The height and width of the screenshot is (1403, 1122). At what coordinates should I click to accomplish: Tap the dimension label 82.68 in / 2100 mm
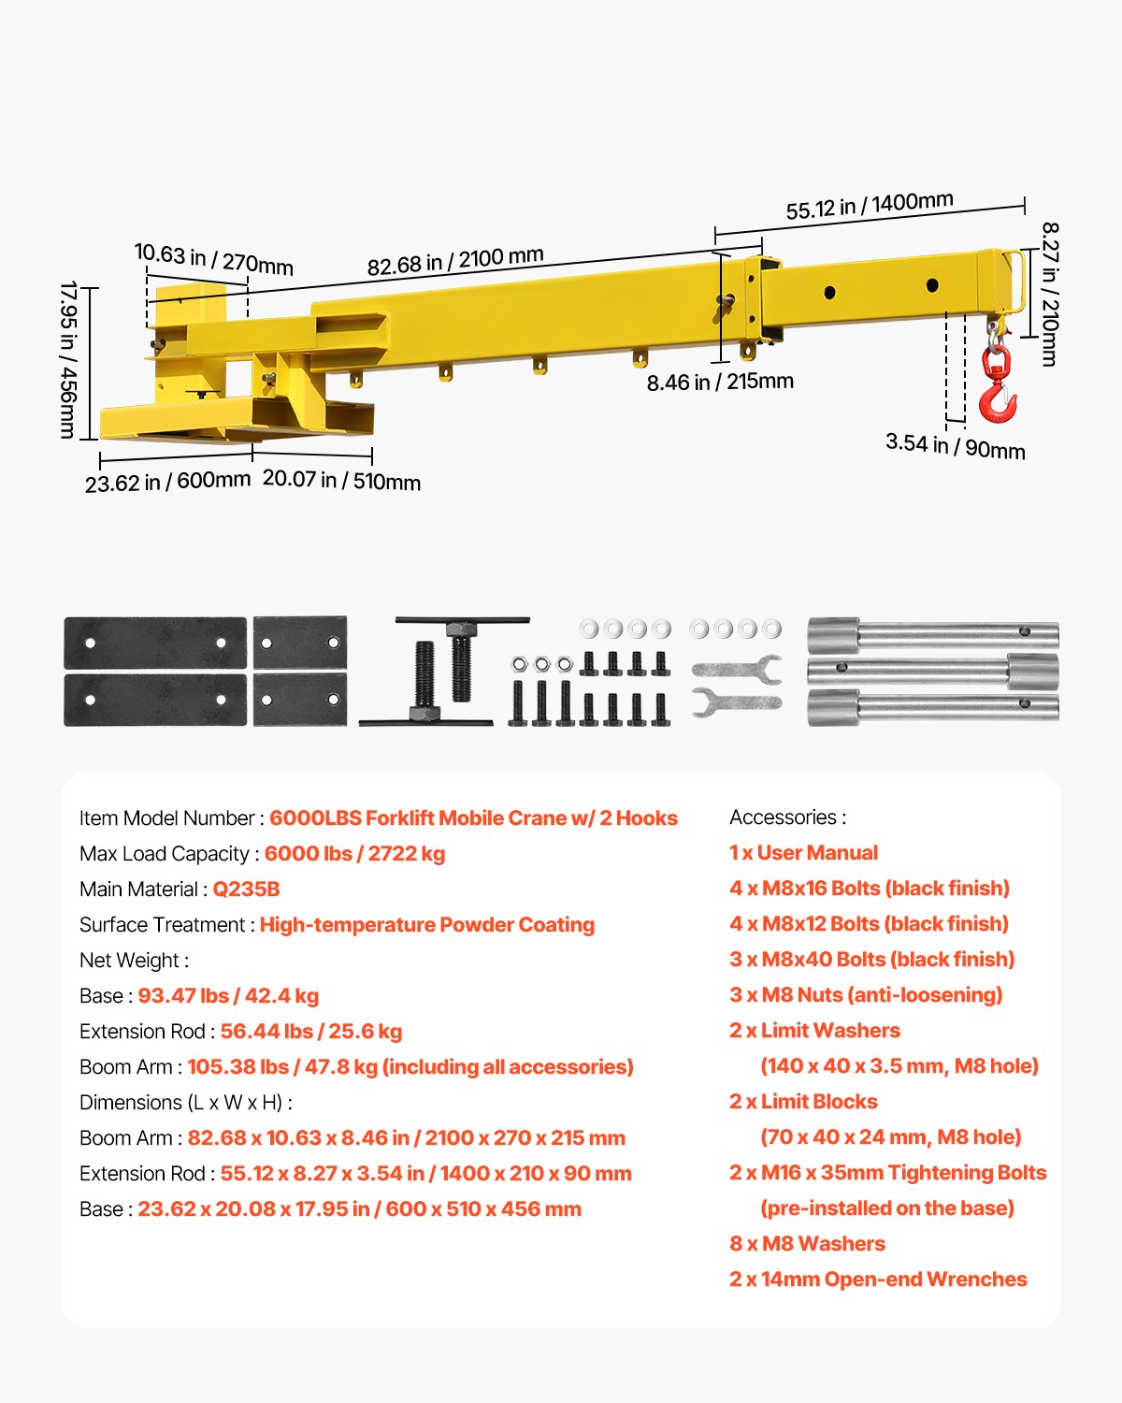coord(454,261)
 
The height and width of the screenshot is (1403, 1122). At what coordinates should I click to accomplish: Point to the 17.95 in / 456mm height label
coord(68,359)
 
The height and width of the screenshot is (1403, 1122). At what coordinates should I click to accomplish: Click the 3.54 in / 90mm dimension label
coord(955,446)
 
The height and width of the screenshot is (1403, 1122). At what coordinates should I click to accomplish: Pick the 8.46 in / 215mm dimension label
coord(720,382)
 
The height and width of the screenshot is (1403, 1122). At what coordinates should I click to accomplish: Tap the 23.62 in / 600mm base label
coord(167,482)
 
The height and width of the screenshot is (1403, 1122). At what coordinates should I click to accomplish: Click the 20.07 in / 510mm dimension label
coord(341,480)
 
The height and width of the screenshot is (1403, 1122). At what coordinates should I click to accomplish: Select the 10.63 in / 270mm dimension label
coord(213,258)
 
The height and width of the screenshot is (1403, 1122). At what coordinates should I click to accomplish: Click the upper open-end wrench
coord(737,668)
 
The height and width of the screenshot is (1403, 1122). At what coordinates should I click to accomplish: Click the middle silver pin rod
coord(932,671)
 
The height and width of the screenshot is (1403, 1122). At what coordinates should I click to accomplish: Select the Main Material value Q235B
coord(246,890)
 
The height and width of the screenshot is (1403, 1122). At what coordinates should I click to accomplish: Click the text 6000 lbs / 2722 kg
coord(354,854)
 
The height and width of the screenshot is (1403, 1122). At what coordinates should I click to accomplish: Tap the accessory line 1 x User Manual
coord(803,853)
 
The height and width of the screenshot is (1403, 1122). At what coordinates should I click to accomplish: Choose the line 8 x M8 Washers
coord(807,1244)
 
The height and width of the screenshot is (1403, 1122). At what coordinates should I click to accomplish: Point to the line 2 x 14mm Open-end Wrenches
coord(878,1280)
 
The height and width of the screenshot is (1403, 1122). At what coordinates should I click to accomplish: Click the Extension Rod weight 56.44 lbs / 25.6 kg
coord(310,1032)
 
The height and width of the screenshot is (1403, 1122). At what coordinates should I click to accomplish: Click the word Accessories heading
coord(787,817)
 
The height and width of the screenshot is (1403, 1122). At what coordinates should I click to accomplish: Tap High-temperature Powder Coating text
coord(426,925)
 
